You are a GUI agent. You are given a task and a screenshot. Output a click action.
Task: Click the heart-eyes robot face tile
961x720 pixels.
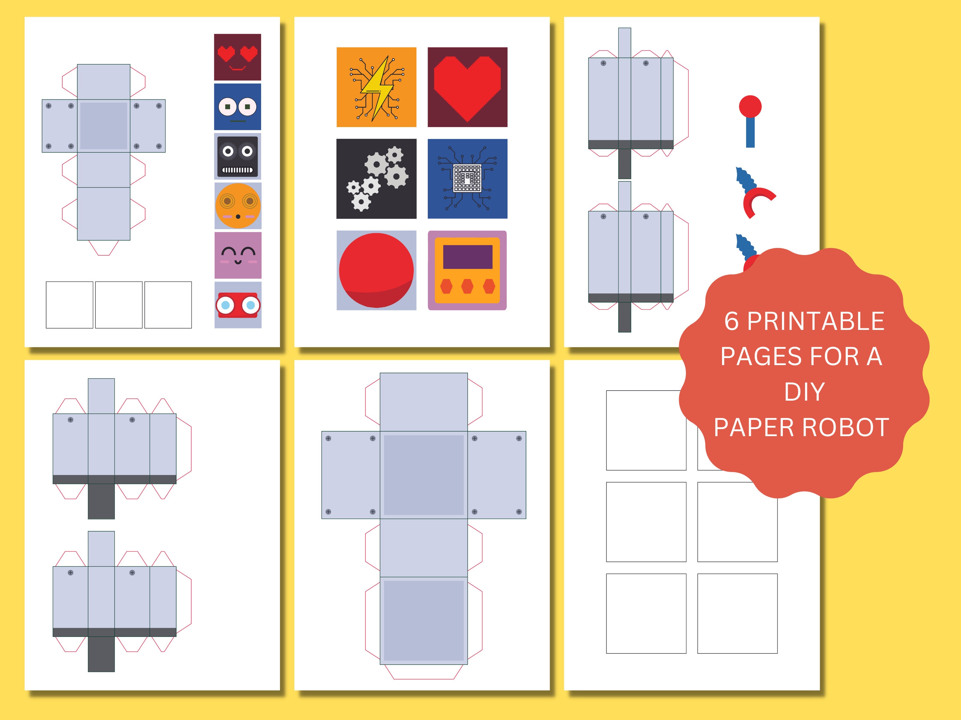point(237,57)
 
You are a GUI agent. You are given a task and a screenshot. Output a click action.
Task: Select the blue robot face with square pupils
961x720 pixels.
point(237,107)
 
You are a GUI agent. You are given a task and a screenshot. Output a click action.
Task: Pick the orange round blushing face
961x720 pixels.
point(238,206)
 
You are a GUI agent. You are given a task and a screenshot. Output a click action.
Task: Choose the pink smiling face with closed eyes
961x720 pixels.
point(238,255)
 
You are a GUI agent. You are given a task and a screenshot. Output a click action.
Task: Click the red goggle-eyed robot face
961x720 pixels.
point(238,305)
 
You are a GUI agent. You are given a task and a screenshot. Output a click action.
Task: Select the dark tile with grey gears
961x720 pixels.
point(376,179)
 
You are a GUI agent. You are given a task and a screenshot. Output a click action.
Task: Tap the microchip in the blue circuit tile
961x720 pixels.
point(467,178)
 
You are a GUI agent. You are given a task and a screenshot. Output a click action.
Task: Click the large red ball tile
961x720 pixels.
point(376,270)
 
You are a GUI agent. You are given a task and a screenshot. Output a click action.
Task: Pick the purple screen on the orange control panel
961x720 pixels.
point(467,257)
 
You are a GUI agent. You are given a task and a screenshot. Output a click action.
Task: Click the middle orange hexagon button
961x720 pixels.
point(467,286)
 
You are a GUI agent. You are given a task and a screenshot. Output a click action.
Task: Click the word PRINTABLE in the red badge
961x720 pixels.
point(816,322)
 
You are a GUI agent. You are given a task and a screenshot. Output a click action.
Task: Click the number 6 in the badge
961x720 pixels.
point(731,322)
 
